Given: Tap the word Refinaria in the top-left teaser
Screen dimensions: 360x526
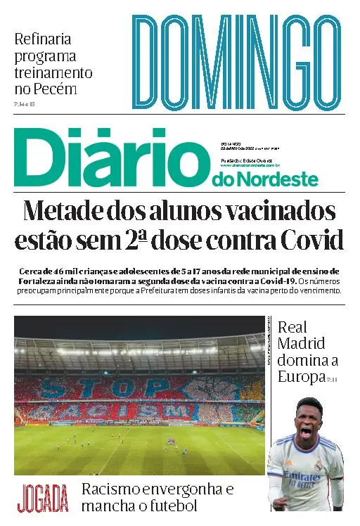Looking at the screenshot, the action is tap(43, 39).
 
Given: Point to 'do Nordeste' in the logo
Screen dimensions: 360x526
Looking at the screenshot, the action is tap(264, 180).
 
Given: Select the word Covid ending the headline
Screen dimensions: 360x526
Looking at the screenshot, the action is tap(309, 241).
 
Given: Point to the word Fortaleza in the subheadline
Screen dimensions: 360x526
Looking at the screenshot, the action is tap(39, 281).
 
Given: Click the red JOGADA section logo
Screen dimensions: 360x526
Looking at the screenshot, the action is tap(44, 498).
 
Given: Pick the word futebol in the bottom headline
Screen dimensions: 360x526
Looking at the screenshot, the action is tap(168, 506).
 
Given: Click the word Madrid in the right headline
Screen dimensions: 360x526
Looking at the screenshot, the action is tap(301, 344).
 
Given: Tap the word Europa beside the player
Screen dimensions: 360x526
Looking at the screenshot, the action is tap(300, 377).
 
